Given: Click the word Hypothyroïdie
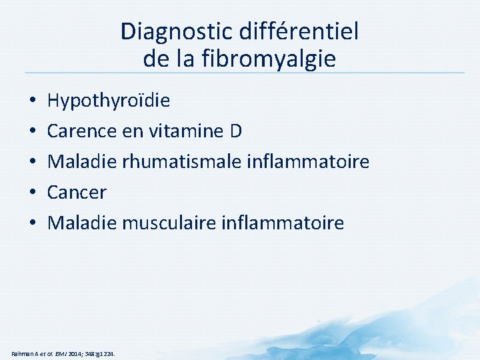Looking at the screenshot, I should (109, 101).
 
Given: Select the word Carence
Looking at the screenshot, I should (76, 131).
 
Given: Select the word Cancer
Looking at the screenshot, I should (77, 193).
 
